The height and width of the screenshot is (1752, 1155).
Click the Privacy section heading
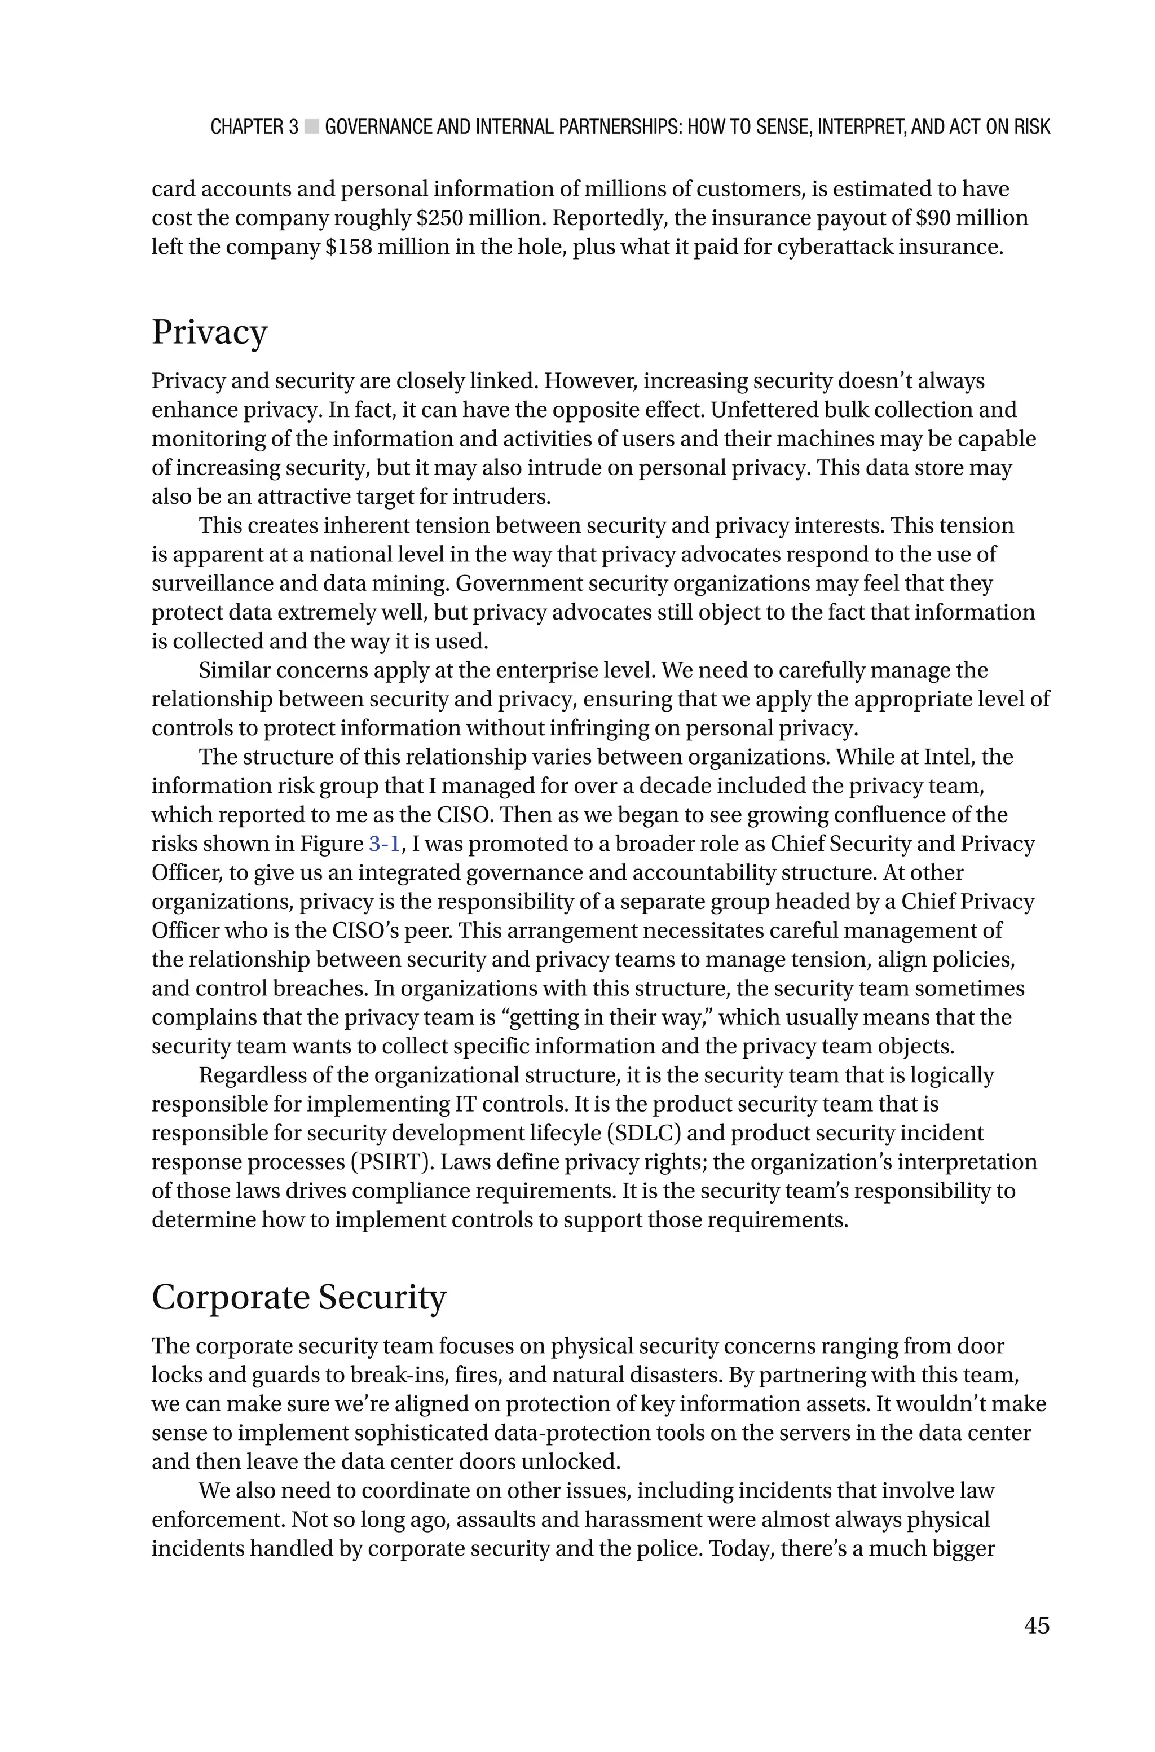tap(209, 332)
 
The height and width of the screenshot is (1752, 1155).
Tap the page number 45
tap(1037, 1624)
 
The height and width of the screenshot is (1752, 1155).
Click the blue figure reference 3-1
tap(383, 844)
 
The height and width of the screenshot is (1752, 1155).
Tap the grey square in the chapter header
tap(311, 127)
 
